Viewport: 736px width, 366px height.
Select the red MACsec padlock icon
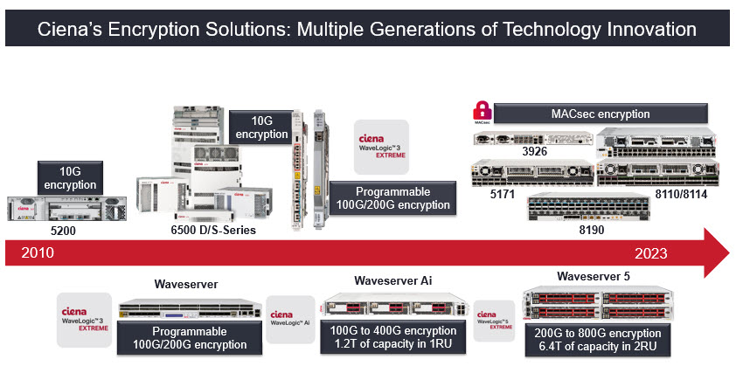tap(481, 112)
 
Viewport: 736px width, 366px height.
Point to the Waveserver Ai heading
tap(393, 280)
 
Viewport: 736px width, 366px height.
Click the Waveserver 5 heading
tap(594, 277)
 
